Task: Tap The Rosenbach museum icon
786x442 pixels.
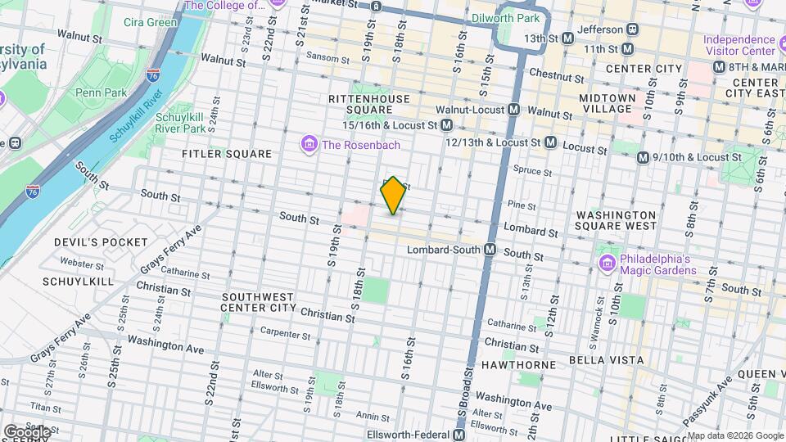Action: [309, 146]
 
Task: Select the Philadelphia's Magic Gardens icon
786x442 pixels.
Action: [607, 264]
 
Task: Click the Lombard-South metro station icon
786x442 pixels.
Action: [490, 249]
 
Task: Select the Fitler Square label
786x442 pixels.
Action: [227, 153]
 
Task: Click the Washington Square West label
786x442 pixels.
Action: [616, 219]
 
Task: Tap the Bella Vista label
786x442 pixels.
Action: [609, 360]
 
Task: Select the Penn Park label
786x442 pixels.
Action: [102, 92]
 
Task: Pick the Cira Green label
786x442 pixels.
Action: [150, 22]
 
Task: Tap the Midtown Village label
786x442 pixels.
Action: [607, 103]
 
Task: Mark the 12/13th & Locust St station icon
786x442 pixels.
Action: [550, 142]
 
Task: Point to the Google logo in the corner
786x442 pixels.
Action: [26, 431]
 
